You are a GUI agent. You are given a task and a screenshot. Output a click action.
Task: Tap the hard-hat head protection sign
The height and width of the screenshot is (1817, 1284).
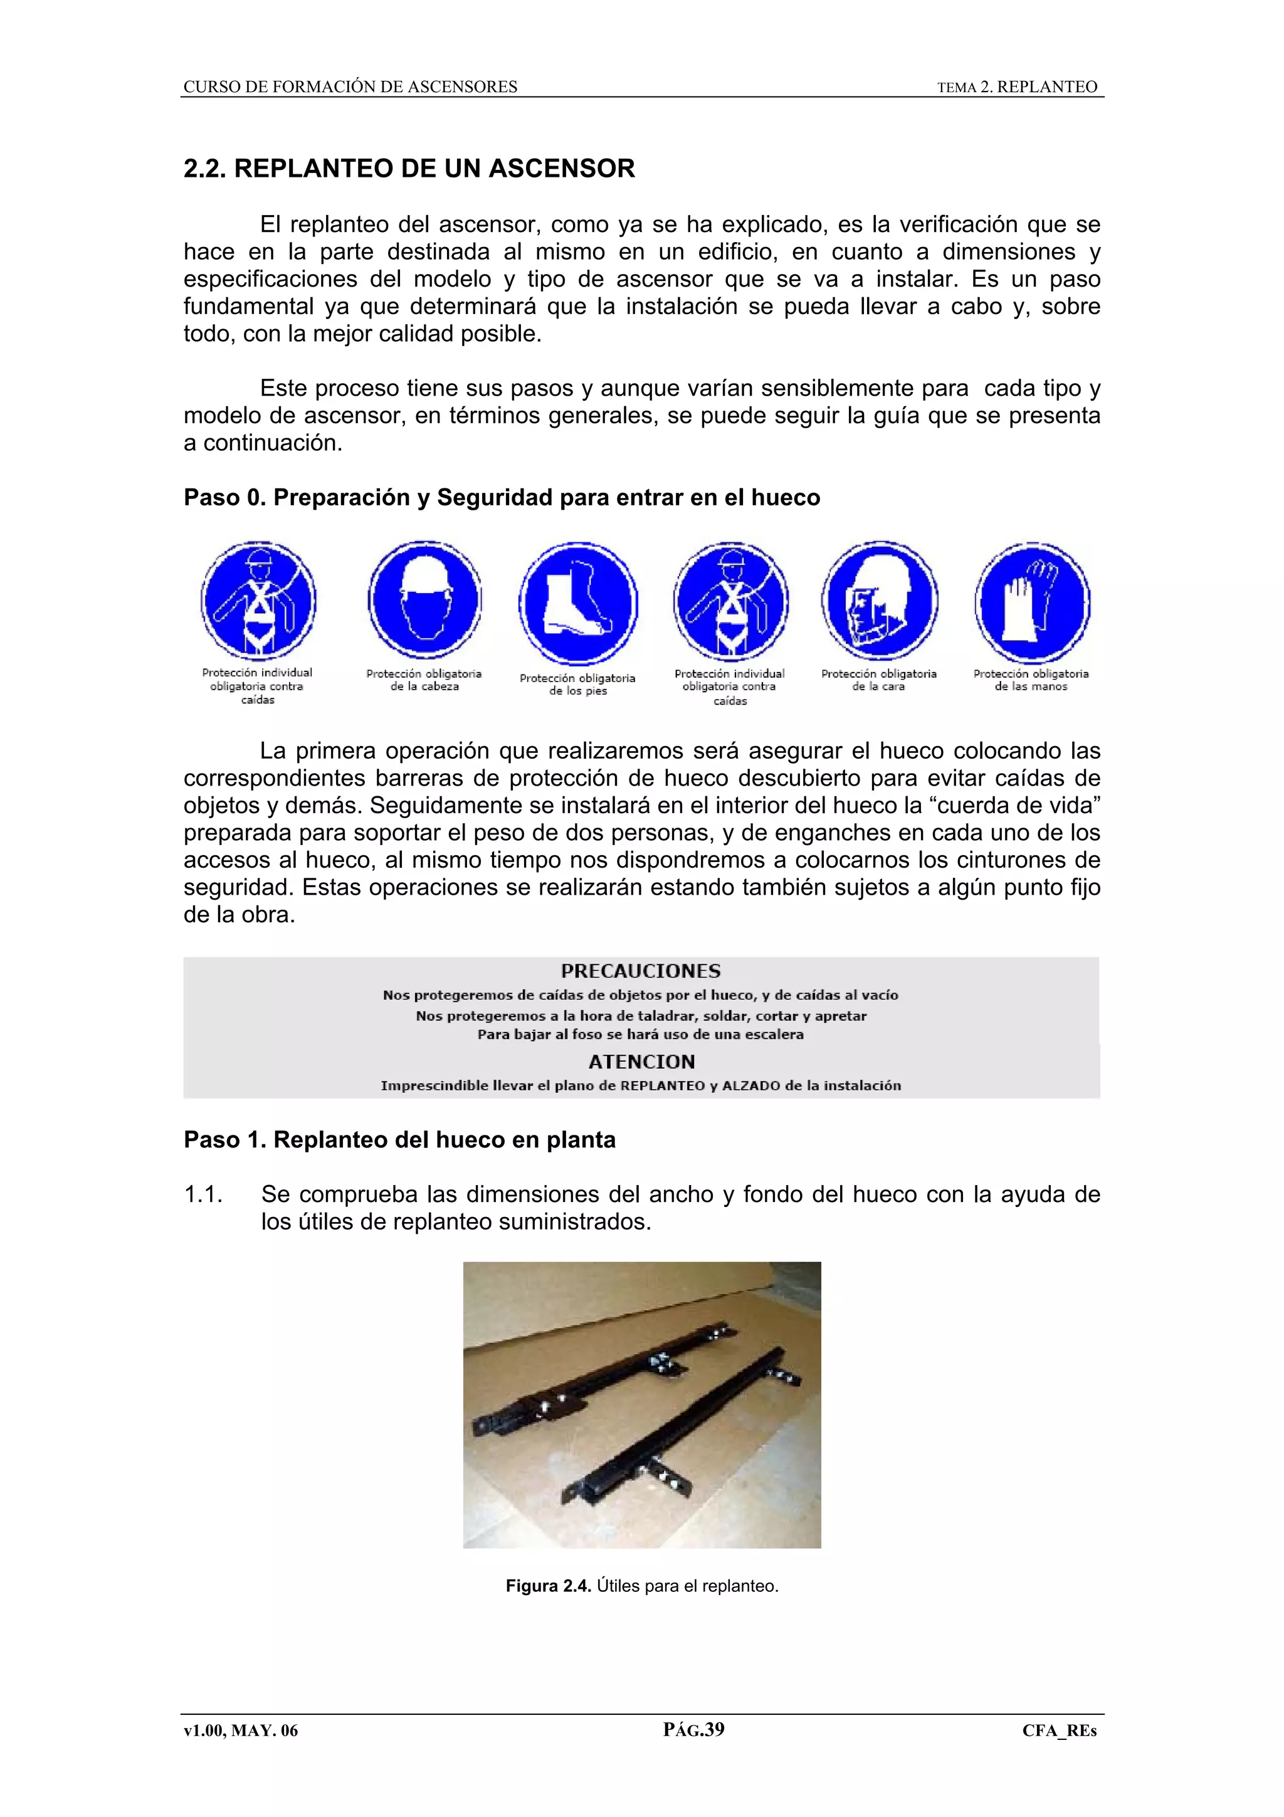click(425, 599)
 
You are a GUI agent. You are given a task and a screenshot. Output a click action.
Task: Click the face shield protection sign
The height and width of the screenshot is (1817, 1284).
click(879, 601)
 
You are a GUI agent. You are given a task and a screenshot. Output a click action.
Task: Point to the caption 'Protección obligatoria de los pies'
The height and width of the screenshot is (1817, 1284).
click(577, 685)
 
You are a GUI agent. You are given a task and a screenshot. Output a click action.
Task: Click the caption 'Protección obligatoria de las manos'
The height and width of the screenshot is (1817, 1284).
click(1031, 680)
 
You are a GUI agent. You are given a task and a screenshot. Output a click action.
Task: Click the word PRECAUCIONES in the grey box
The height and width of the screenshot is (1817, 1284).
click(641, 971)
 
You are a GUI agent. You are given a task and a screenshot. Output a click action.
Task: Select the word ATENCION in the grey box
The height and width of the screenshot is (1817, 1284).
click(641, 1061)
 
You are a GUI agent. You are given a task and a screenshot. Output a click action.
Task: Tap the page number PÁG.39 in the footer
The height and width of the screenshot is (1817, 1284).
click(694, 1729)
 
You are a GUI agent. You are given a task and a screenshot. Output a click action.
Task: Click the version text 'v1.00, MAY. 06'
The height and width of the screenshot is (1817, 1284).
click(241, 1730)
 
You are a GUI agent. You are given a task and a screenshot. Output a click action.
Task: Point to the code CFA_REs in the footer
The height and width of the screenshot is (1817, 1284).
click(1060, 1730)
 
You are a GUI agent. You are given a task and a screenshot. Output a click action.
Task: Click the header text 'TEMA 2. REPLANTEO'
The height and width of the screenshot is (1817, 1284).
click(1018, 87)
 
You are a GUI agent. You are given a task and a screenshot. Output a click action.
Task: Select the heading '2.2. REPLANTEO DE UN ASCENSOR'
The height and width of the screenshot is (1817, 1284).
click(409, 169)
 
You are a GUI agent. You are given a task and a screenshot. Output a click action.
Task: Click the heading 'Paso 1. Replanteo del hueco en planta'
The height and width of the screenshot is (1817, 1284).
click(399, 1140)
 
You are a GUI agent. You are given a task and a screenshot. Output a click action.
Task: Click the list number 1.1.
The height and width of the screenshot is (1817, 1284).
click(203, 1194)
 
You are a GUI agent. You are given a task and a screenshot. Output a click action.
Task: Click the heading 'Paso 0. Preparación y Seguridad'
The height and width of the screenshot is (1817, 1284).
click(502, 497)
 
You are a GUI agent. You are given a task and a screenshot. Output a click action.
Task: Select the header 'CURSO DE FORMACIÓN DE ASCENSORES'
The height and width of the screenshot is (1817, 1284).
click(350, 87)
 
